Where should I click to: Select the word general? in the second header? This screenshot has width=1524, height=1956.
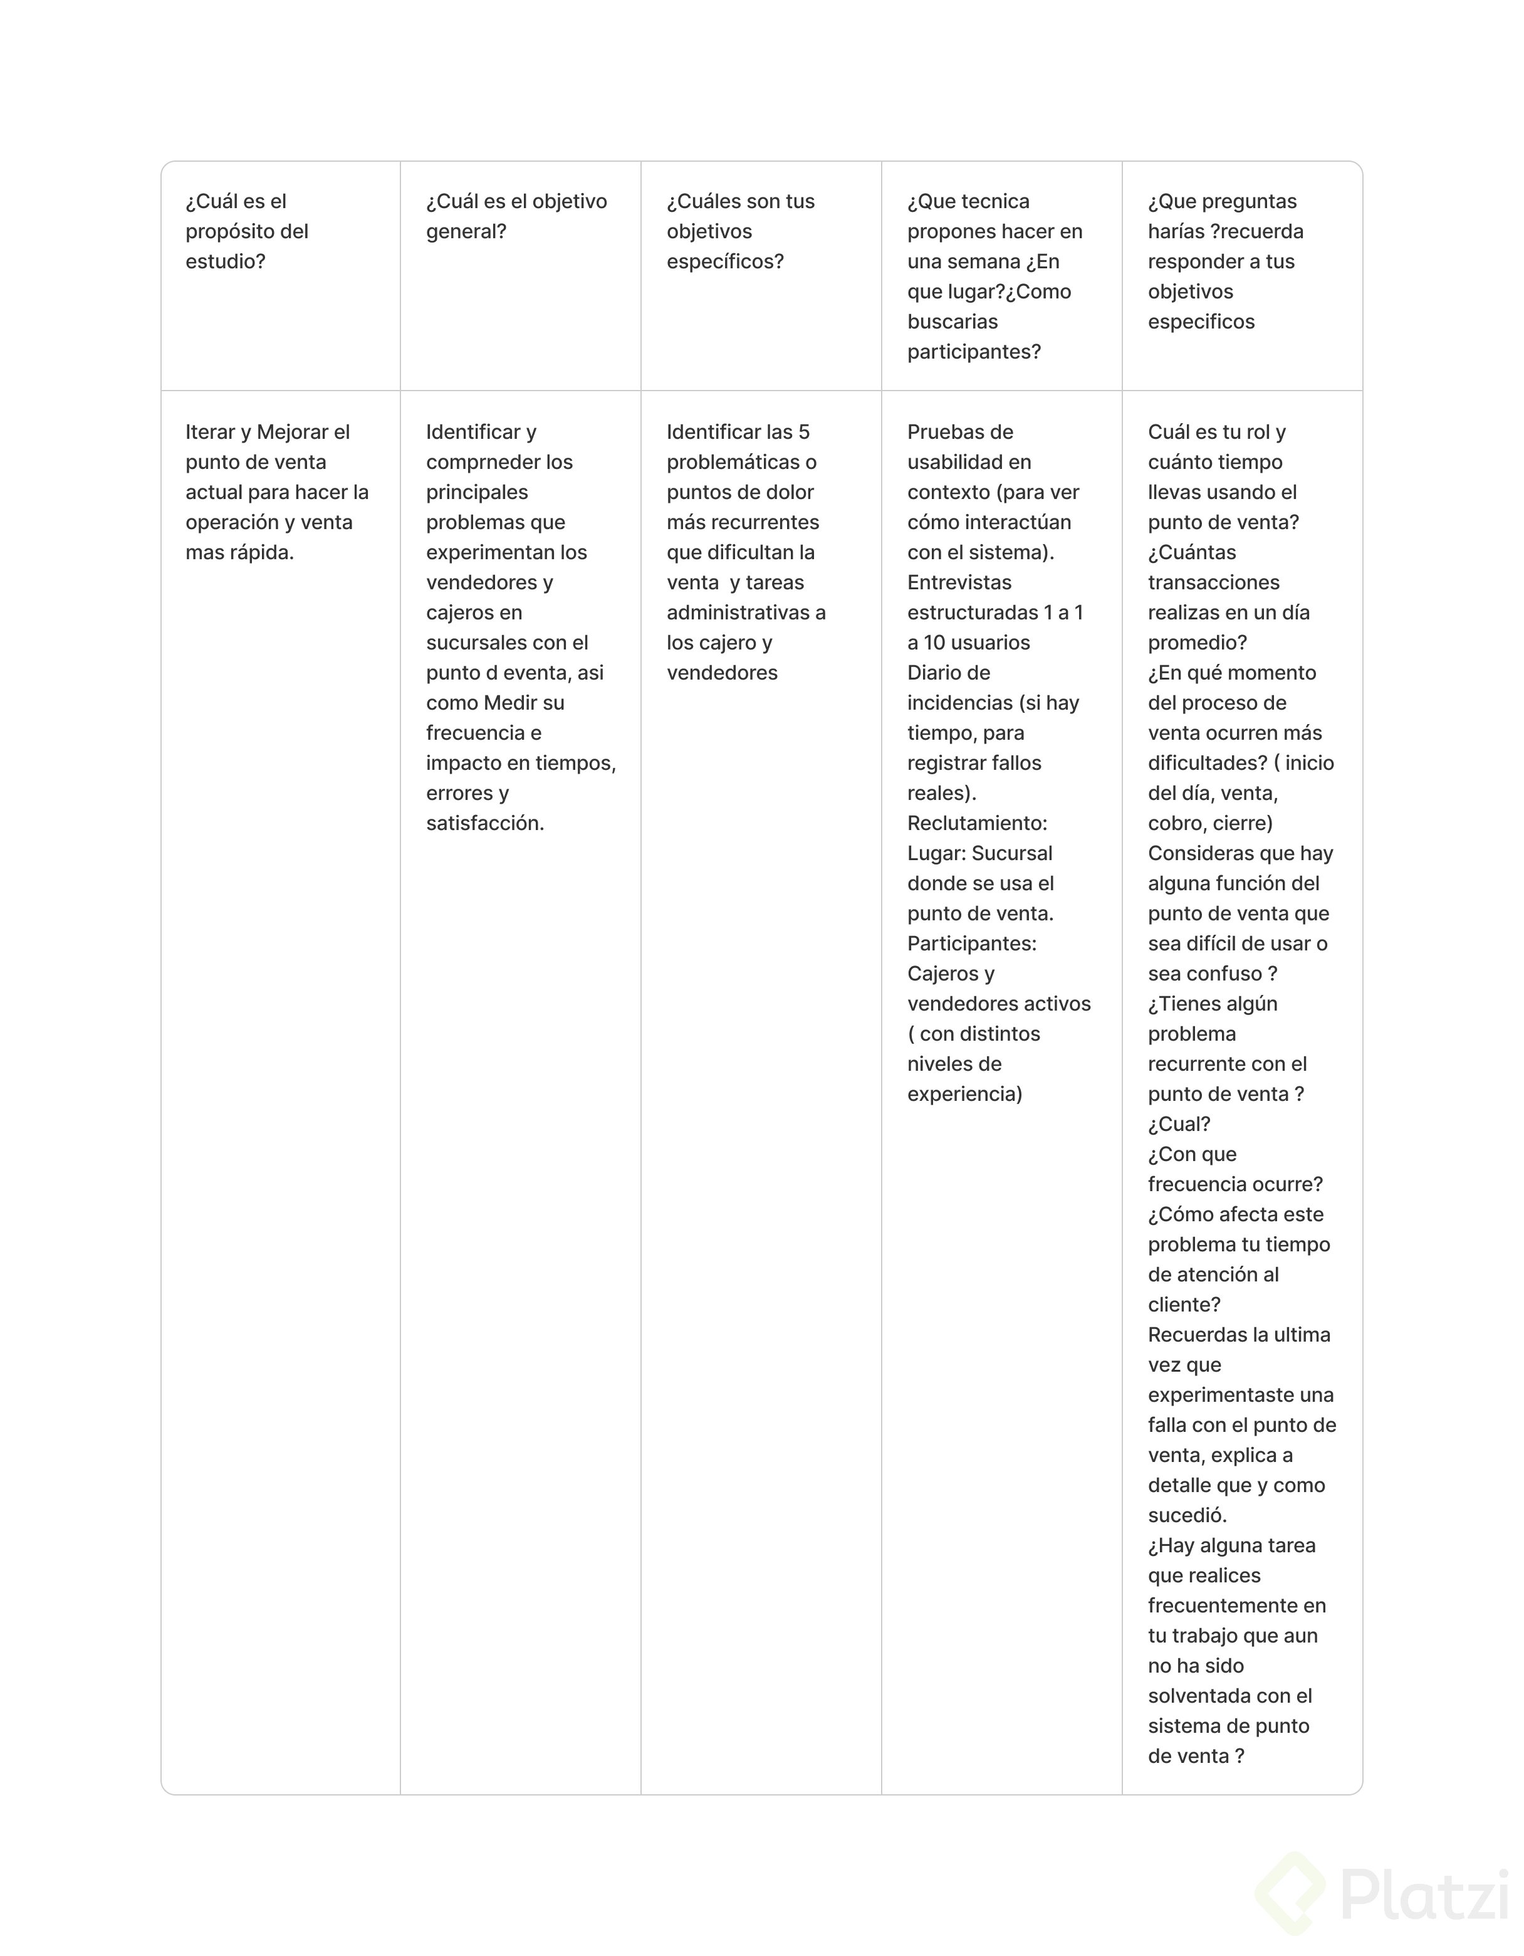coord(466,232)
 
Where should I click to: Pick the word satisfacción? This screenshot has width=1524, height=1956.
coord(484,823)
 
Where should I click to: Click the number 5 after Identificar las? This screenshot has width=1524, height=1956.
coord(803,433)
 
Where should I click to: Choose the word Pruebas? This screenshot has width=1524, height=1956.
coord(960,433)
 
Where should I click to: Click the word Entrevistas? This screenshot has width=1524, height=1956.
coord(959,582)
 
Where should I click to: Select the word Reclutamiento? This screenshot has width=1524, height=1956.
coord(977,823)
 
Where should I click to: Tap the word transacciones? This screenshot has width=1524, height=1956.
coord(1213,582)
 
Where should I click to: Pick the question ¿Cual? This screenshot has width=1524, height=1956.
coord(1178,1124)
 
